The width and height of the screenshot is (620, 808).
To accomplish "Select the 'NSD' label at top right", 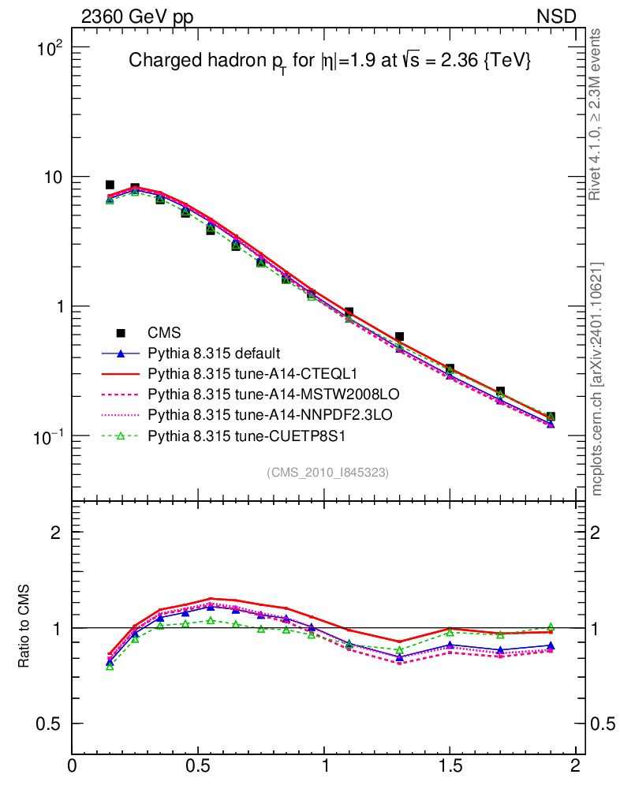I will click(x=557, y=17).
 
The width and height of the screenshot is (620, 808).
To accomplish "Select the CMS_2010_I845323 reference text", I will click(x=327, y=472).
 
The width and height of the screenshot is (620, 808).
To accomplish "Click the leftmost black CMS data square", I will click(x=110, y=185).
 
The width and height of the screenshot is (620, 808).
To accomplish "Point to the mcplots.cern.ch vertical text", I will click(x=598, y=380).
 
